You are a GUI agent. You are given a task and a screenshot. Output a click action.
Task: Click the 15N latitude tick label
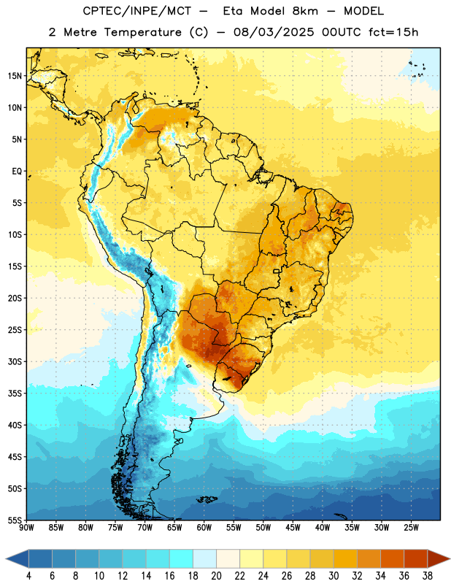click(x=15, y=76)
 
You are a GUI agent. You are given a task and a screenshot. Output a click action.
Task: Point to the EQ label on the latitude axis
click(x=17, y=172)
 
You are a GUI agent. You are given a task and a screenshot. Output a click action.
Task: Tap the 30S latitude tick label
click(x=15, y=361)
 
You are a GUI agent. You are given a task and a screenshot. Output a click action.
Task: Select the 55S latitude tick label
click(x=15, y=520)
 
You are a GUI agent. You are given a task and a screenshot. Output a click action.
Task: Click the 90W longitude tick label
click(x=26, y=528)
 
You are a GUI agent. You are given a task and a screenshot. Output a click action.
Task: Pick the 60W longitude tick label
click(x=204, y=528)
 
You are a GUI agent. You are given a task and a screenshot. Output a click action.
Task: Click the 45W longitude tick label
click(x=293, y=528)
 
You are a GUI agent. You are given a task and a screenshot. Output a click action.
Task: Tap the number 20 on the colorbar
click(x=216, y=576)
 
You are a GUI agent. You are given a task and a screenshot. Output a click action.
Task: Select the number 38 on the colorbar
click(x=428, y=576)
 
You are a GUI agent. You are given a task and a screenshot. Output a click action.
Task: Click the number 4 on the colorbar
click(x=28, y=576)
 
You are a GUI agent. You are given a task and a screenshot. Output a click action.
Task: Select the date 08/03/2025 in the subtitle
click(x=274, y=32)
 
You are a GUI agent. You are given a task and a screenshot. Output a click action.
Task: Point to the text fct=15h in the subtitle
click(x=393, y=32)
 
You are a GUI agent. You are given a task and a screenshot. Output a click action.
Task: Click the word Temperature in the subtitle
click(x=142, y=33)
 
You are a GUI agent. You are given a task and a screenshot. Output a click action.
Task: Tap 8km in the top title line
click(x=305, y=11)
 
